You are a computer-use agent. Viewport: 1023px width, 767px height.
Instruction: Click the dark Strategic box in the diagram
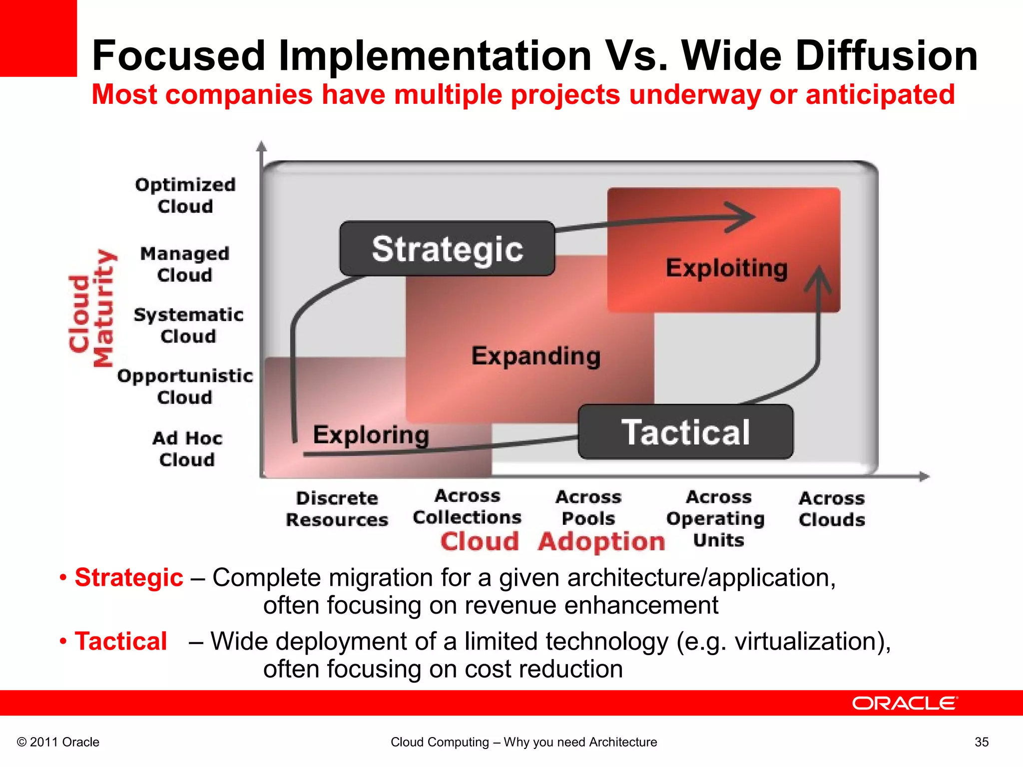(x=447, y=249)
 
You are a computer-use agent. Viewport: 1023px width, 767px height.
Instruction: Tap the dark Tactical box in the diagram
(x=685, y=432)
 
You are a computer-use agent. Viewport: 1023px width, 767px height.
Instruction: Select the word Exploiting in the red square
(x=726, y=268)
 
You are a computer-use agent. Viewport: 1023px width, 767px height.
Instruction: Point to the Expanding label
(x=535, y=356)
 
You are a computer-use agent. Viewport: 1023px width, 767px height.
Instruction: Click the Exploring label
(x=371, y=434)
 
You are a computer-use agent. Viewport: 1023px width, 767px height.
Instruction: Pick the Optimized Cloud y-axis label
(x=185, y=195)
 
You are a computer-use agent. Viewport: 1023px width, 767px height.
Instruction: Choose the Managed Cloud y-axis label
(x=185, y=264)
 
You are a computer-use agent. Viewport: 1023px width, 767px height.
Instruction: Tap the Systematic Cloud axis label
(x=188, y=325)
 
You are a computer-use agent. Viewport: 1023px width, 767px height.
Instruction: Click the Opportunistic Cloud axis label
(x=185, y=386)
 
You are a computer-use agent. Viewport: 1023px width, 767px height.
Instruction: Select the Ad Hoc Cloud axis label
(x=187, y=448)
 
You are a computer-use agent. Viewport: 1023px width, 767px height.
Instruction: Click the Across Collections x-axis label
(x=467, y=506)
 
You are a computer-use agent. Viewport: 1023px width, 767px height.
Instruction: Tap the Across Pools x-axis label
(x=588, y=507)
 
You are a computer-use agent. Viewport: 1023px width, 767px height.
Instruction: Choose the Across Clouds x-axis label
(x=832, y=508)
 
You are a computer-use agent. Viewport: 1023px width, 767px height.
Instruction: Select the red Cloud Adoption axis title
(x=552, y=541)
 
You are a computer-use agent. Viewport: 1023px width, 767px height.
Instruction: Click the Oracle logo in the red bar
(x=905, y=703)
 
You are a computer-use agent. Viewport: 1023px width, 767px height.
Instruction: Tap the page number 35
(x=981, y=742)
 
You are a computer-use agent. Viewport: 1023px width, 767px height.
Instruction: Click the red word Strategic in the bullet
(x=129, y=578)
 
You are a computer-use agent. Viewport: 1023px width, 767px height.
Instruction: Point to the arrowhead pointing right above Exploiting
(x=742, y=217)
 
